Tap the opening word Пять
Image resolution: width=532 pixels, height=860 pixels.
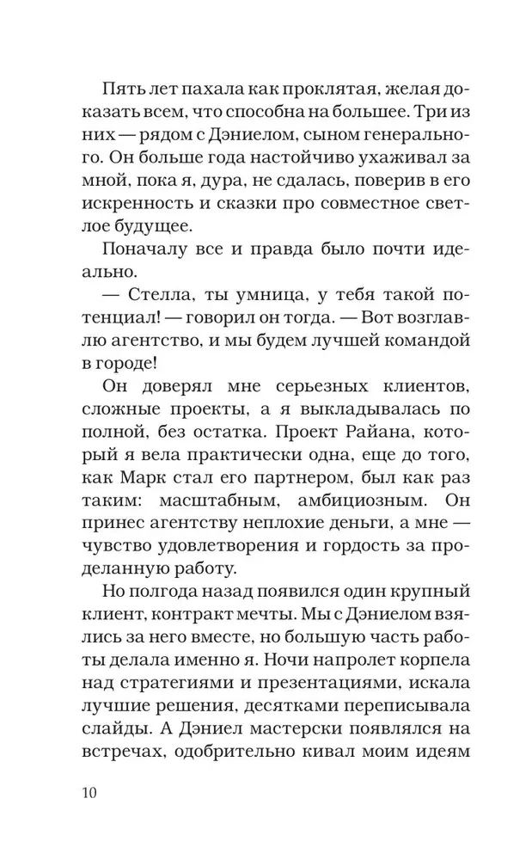(x=121, y=89)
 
